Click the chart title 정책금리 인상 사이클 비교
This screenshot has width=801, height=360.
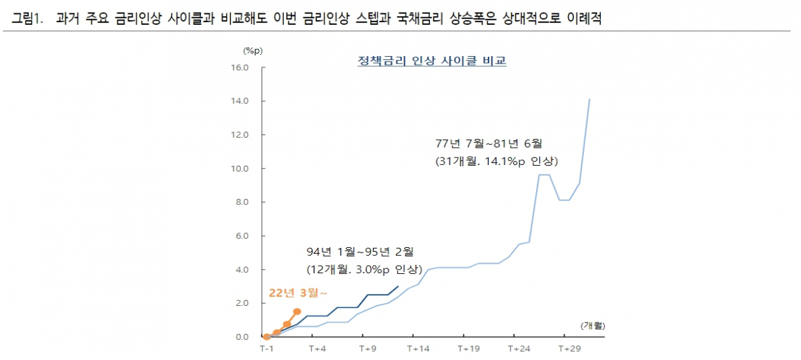pos(432,61)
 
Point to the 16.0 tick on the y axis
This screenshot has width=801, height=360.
pos(240,67)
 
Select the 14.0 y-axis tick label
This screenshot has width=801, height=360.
pos(240,101)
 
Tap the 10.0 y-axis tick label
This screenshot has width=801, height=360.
pos(240,168)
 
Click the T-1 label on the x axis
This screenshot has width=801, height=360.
pos(266,349)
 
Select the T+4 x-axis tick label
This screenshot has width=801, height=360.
pos(316,349)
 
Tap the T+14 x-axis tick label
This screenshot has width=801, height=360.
pos(417,349)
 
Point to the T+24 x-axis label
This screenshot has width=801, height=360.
pos(518,349)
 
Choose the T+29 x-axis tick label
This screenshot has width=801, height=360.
pos(568,349)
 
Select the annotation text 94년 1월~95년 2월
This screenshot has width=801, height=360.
pos(360,252)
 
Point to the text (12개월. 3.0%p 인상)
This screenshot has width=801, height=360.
pos(364,270)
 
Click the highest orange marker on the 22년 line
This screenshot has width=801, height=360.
pos(297,311)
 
